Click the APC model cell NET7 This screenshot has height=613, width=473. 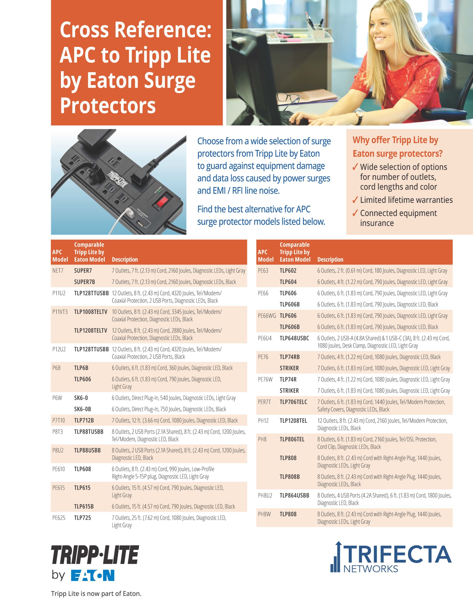pos(58,271)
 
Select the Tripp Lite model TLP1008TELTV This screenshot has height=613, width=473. pos(91,312)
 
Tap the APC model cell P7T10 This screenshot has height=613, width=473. pos(59,420)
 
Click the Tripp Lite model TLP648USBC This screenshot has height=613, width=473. pos(294,338)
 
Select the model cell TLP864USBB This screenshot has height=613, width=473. pos(294,495)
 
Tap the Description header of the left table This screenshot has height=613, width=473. pos(125,259)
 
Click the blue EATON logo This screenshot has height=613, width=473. pos(93,575)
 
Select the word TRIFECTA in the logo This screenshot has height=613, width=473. pos(398,554)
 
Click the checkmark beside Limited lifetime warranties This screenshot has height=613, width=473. pos(355,200)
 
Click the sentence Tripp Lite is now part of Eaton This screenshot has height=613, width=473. pos(96,594)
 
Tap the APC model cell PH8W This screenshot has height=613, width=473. pos(264,514)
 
